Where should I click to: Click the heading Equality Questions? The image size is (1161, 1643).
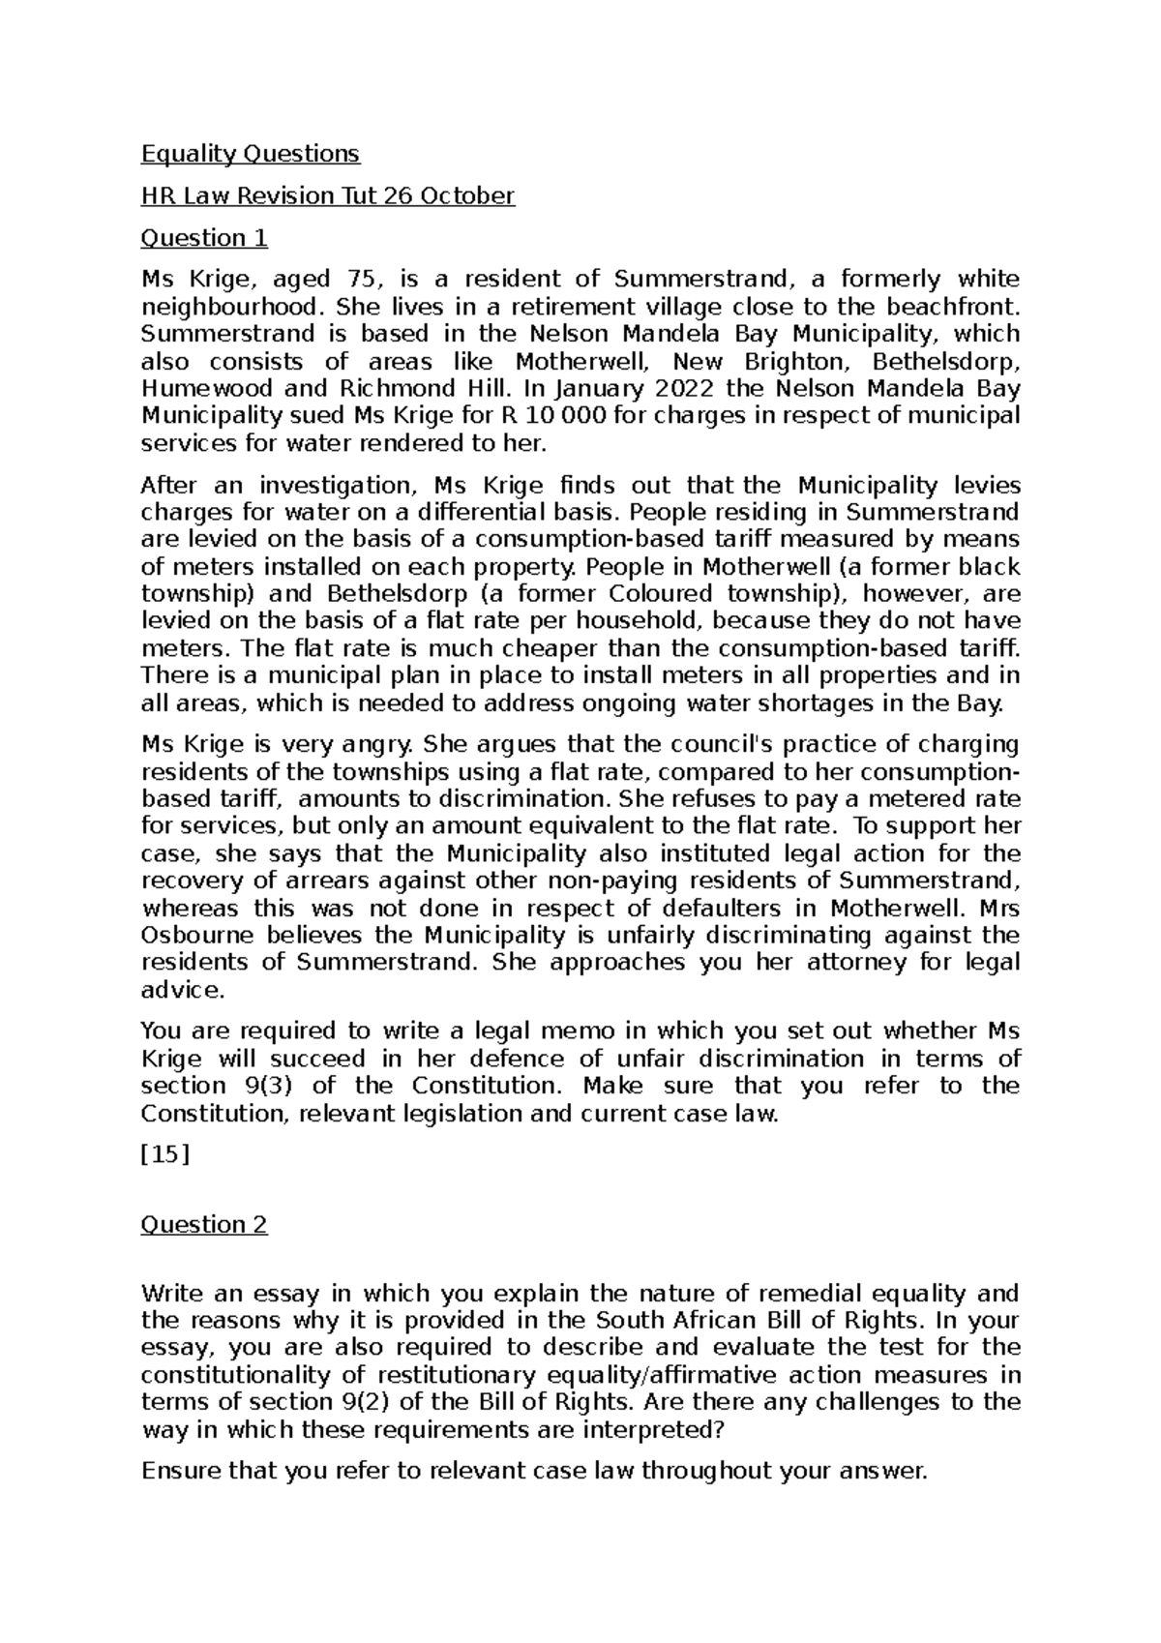[x=250, y=154]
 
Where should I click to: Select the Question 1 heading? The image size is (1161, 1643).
[x=204, y=238]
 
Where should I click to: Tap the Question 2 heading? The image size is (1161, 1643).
[x=204, y=1225]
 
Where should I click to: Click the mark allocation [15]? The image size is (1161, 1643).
[x=164, y=1155]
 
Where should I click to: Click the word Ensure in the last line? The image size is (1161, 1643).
[x=180, y=1472]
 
